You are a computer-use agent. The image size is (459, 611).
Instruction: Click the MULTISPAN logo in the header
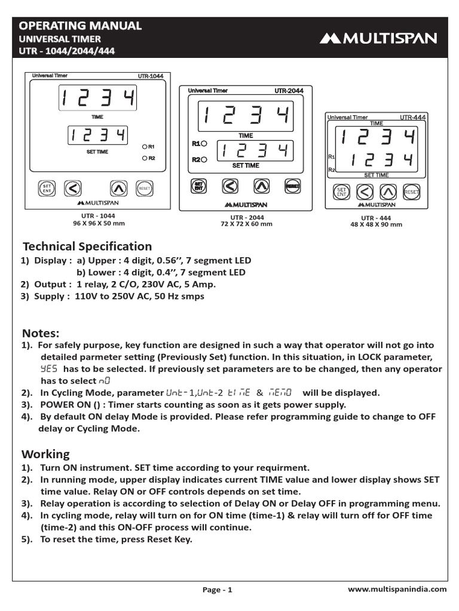tap(378, 39)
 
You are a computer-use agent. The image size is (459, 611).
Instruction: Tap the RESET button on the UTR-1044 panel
tap(144, 188)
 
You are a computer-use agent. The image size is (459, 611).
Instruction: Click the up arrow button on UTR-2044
tap(261, 186)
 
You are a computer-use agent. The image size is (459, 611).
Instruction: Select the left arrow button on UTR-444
tap(365, 192)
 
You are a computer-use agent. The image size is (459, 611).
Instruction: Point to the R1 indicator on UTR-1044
tap(145, 146)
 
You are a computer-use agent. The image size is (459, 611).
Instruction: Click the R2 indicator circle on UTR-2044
tap(204, 159)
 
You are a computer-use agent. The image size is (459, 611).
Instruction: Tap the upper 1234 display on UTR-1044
tap(97, 98)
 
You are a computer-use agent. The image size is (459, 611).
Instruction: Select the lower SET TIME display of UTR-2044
tap(255, 150)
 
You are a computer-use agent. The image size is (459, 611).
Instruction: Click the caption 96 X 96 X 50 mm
tap(99, 223)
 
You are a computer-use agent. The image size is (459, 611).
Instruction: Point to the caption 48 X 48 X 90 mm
tap(376, 224)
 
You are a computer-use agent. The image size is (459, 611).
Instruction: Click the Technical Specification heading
tap(87, 246)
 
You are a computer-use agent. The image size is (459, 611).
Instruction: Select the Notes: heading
tap(41, 332)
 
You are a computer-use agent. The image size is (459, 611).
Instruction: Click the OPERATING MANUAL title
tap(81, 26)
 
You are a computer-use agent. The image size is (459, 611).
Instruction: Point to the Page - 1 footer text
tap(217, 590)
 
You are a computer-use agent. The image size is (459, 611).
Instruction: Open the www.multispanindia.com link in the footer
tap(397, 589)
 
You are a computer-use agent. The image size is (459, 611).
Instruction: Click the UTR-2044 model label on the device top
tap(289, 91)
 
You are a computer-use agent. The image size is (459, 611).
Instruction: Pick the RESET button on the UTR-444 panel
tap(411, 192)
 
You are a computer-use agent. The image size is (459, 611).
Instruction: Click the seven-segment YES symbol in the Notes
tap(49, 369)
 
